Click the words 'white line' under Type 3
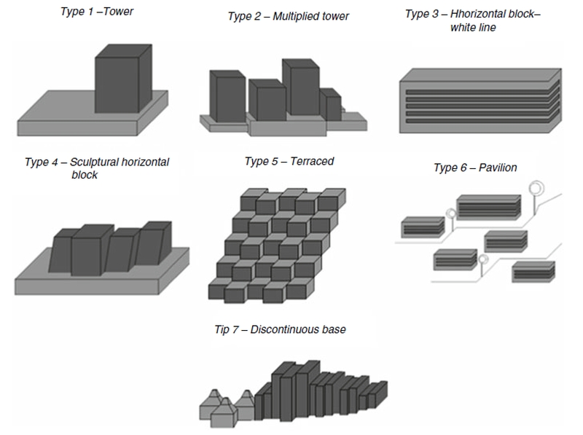coord(473,27)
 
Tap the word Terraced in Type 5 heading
coord(313,160)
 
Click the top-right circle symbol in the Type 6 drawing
coord(536,187)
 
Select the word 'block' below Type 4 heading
coord(85,175)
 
